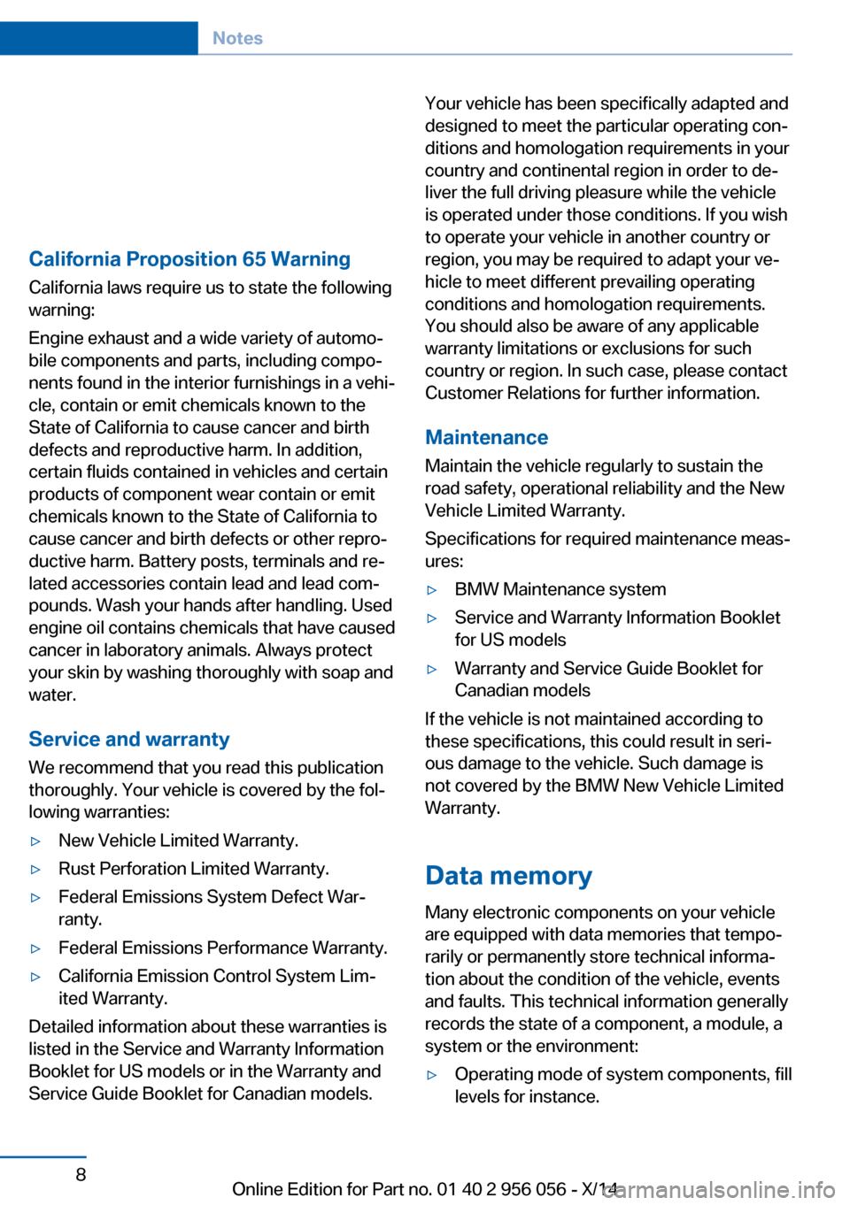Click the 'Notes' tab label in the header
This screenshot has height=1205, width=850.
(237, 38)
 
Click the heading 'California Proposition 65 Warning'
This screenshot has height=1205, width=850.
(189, 259)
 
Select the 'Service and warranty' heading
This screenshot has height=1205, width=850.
(129, 740)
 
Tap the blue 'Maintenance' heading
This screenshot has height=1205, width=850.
(486, 438)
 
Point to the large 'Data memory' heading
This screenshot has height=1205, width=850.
(508, 876)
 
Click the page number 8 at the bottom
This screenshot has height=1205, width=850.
(81, 1175)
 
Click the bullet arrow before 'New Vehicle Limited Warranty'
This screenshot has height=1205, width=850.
(36, 841)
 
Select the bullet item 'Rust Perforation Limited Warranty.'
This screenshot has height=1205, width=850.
(193, 869)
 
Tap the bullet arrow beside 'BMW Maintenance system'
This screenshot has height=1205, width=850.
(433, 590)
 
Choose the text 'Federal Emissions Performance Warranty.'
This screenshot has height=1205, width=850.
(222, 948)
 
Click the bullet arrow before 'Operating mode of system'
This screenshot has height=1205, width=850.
(433, 1075)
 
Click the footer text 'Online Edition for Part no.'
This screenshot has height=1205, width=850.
(332, 1189)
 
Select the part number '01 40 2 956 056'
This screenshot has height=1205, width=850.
(501, 1189)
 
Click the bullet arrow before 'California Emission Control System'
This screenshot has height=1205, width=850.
(36, 977)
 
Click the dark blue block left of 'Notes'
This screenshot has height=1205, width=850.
(98, 38)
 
